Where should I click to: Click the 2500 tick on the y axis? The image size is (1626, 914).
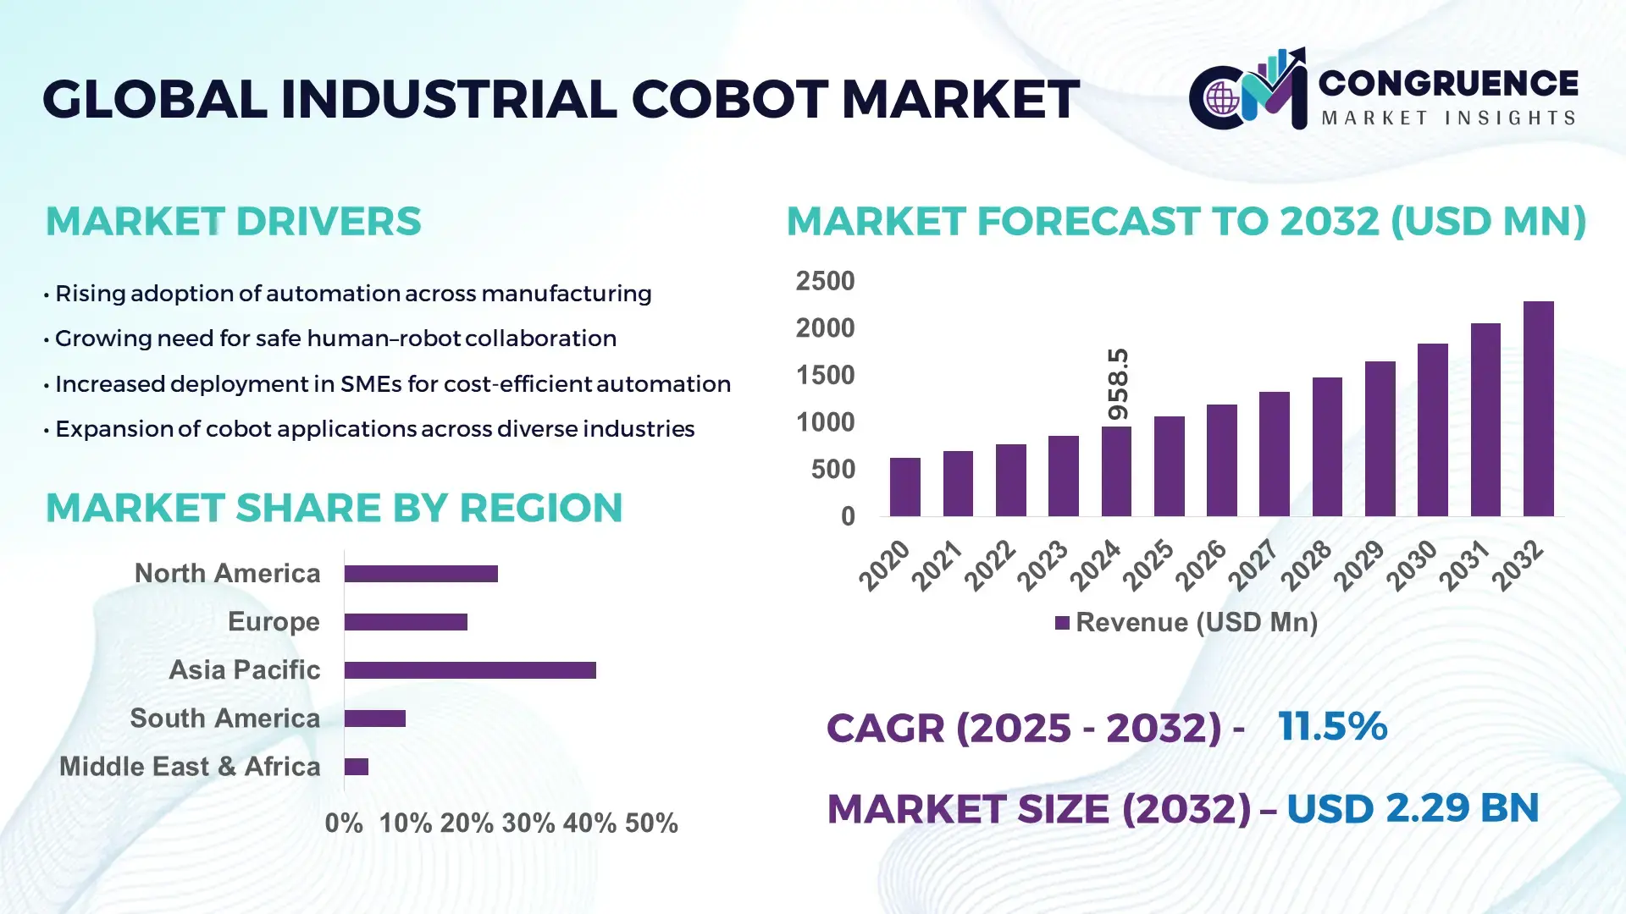coord(825,281)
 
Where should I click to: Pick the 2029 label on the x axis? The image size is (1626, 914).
coord(1359,565)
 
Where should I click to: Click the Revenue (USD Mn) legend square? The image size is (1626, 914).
coord(1062,623)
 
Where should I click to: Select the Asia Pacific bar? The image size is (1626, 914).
coord(470,670)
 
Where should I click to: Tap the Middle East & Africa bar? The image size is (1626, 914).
coord(357,767)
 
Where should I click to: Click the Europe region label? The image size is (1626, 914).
coord(274,622)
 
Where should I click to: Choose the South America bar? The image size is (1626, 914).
coord(375,719)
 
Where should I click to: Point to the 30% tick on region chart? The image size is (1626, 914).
coord(528,823)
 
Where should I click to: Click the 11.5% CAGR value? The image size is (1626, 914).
coord(1332,726)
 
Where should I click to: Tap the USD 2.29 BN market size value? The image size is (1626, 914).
coord(1412,807)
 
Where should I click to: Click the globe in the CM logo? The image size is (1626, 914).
coord(1222,99)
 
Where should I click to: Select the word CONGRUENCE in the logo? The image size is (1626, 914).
coord(1448,83)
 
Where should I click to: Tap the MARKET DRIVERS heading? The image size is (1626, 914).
coord(233,222)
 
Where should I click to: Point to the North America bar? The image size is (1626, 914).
coord(421,574)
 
